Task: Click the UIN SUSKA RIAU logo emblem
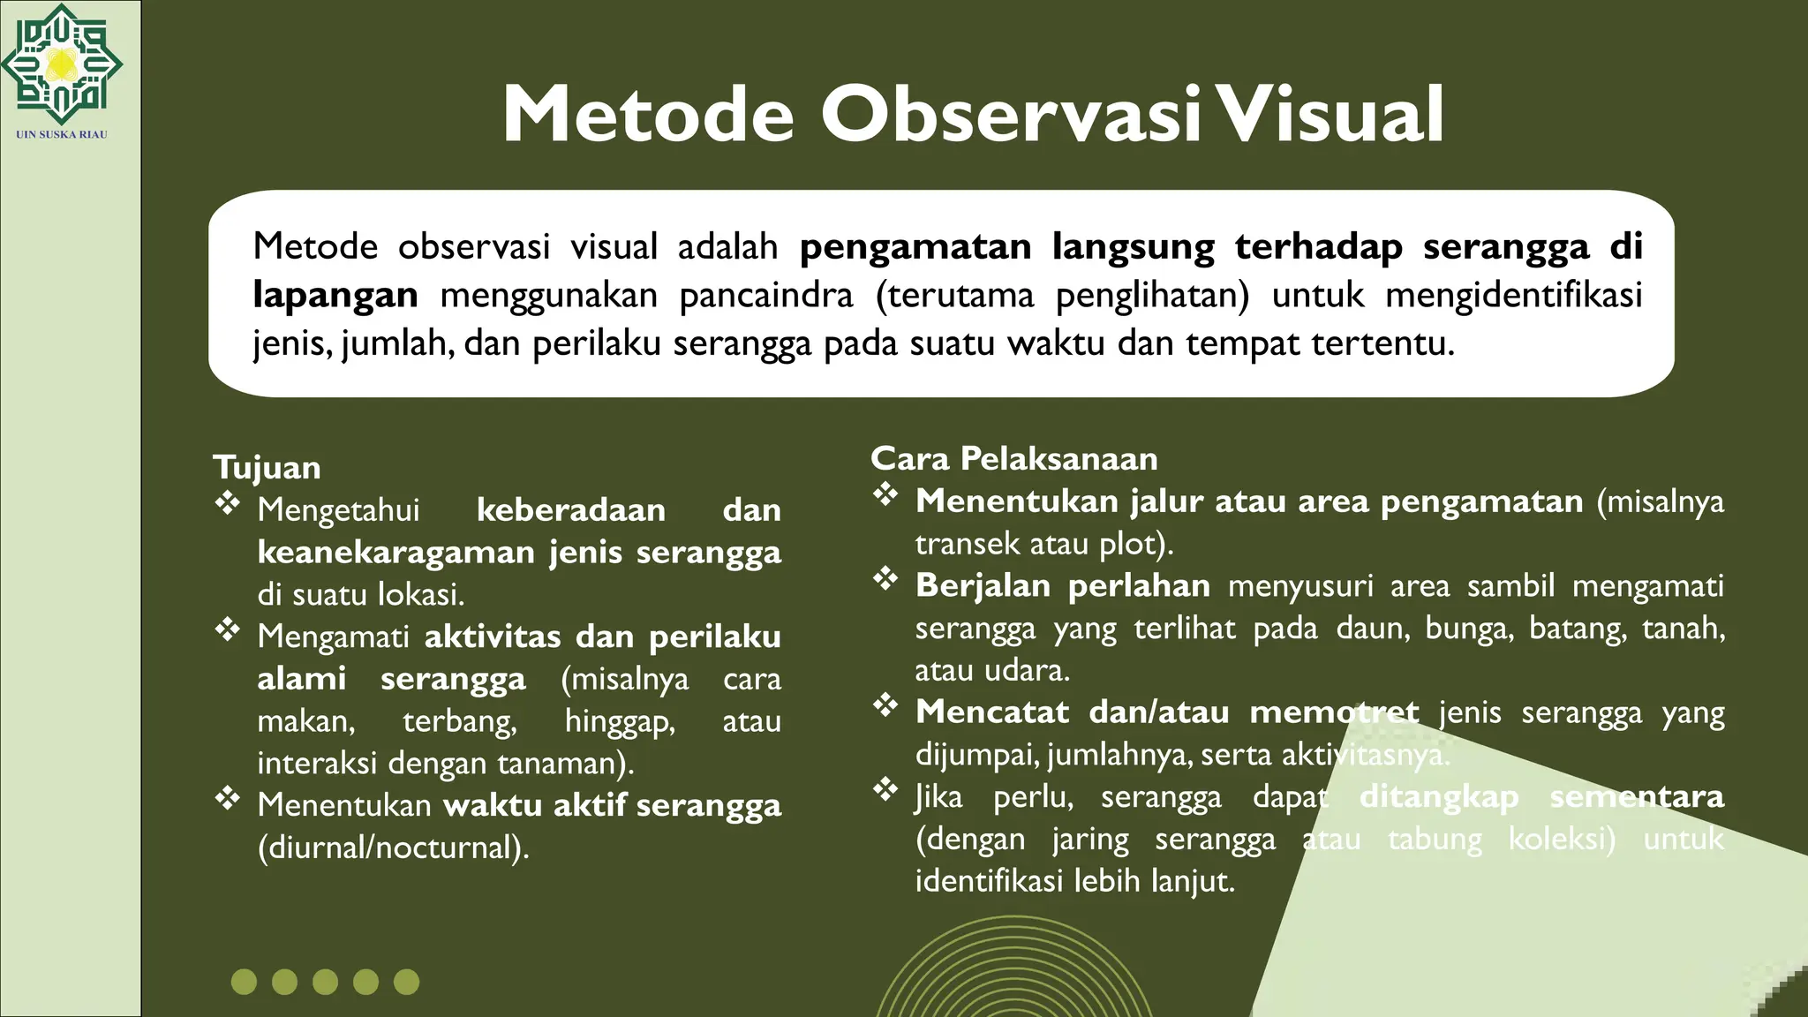coord(61,64)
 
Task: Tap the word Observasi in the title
coord(1012,115)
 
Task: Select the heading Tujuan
coord(267,467)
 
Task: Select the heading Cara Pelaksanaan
coord(1013,458)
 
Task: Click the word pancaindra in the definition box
coord(765,295)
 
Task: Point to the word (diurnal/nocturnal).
coord(393,847)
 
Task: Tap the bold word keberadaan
coord(571,510)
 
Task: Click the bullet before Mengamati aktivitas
coord(228,630)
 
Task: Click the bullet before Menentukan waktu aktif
coord(228,799)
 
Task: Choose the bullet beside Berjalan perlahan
coord(885,579)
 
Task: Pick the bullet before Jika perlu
coord(885,789)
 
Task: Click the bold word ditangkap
coord(1438,796)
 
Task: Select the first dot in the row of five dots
coord(244,982)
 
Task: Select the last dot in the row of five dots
coord(406,982)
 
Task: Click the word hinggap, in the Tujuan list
coord(620,722)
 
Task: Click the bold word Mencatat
coord(991,712)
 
